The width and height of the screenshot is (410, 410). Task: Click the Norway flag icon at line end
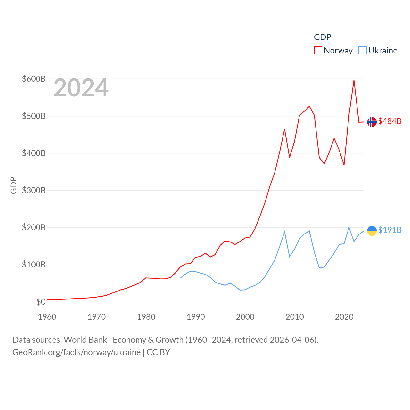tap(372, 122)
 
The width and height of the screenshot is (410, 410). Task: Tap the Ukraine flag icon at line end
tap(372, 231)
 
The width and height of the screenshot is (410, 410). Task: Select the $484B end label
tap(389, 121)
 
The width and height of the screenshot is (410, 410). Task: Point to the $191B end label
tap(389, 230)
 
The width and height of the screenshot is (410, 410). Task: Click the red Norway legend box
tap(318, 51)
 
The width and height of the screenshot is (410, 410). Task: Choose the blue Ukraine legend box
tap(363, 51)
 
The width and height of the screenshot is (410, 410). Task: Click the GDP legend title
tap(322, 37)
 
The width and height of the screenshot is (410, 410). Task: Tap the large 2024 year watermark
tap(81, 88)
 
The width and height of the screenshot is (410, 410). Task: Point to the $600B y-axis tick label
tap(34, 79)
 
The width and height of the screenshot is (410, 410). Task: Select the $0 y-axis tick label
tap(41, 302)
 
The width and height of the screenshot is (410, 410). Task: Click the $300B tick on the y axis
tap(34, 190)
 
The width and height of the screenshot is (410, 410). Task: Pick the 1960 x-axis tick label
tap(47, 317)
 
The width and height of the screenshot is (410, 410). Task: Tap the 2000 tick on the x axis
tap(245, 317)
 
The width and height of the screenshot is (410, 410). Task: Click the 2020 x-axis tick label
tap(344, 317)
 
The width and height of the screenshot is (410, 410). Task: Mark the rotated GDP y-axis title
tap(13, 185)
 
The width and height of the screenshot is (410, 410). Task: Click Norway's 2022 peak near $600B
tap(354, 80)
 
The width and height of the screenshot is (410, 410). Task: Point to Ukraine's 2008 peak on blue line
tap(284, 232)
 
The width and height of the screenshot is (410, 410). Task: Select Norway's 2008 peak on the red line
tap(284, 129)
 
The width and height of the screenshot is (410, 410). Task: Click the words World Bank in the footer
tap(85, 340)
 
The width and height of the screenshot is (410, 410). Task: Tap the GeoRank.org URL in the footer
tap(77, 352)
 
